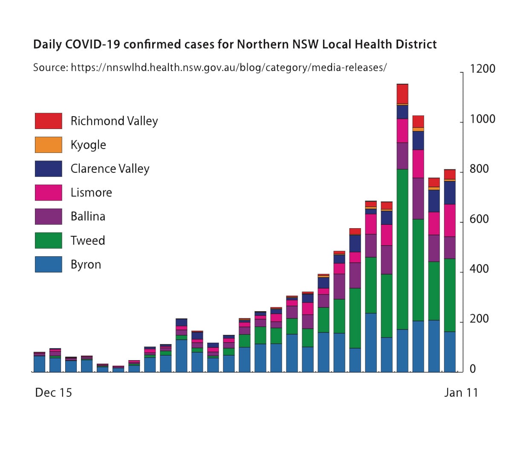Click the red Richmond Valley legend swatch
tap(48, 120)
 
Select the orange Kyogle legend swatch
tap(48, 145)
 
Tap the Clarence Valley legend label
tap(110, 169)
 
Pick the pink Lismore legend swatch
tap(48, 192)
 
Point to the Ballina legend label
tap(88, 216)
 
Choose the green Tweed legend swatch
tap(48, 241)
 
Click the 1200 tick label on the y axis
tap(483, 69)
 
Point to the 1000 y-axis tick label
tap(483, 119)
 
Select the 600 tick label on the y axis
tap(479, 219)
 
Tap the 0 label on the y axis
tap(473, 369)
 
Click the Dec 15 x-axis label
tap(53, 393)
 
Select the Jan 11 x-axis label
tap(461, 393)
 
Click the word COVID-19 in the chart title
tap(93, 44)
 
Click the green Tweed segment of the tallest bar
tap(402, 249)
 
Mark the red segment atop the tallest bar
tap(402, 94)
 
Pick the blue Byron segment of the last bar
tap(450, 352)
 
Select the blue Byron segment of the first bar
tap(39, 364)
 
